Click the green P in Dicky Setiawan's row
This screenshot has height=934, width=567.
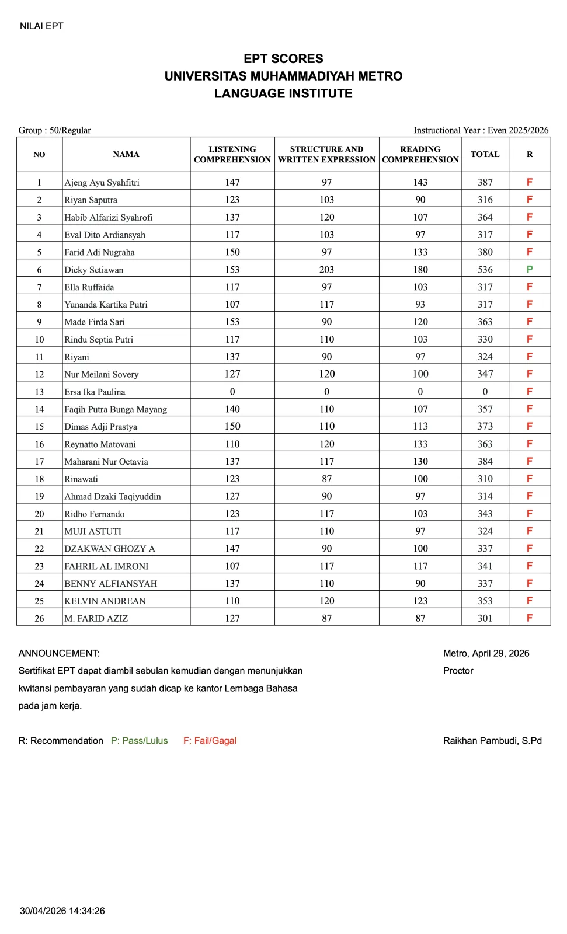(x=529, y=270)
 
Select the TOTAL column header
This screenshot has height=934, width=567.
(x=485, y=155)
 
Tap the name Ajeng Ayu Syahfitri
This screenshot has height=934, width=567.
(x=102, y=183)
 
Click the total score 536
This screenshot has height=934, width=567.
(x=485, y=270)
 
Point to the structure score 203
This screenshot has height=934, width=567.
(x=326, y=270)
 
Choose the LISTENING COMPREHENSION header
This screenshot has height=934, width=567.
(x=232, y=155)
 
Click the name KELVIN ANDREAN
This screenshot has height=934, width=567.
(x=105, y=601)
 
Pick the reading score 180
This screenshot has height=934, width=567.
(x=420, y=270)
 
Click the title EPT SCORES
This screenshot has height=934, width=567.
(x=283, y=59)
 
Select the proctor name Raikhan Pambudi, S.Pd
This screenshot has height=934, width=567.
(x=492, y=741)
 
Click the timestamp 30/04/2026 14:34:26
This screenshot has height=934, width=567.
(x=62, y=911)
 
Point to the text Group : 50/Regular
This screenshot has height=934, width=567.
(x=55, y=130)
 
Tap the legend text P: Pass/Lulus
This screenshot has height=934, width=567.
(x=139, y=741)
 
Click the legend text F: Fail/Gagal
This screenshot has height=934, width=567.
(x=210, y=741)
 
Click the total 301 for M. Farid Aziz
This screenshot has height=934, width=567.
(x=485, y=618)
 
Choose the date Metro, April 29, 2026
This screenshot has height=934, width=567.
(x=486, y=653)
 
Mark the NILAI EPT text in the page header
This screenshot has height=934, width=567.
(x=41, y=26)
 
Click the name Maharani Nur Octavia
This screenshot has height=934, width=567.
(x=106, y=462)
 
